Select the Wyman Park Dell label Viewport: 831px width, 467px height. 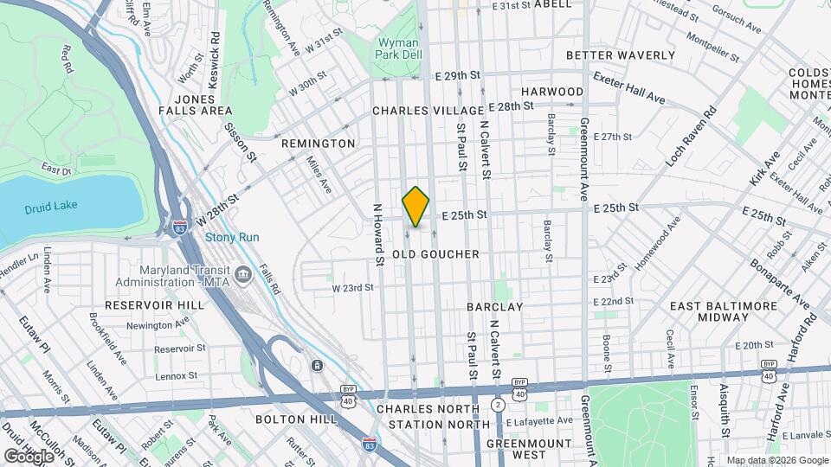coord(399,49)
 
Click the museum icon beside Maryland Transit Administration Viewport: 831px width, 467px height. coord(244,274)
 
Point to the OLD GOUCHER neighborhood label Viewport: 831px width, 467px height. coord(435,254)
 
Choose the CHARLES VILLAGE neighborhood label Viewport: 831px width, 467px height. coord(428,111)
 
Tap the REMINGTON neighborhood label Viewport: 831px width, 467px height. coord(317,144)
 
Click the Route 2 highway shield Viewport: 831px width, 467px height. coord(498,405)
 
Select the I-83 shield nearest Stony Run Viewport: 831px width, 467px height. coord(179,227)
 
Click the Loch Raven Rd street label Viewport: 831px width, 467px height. coord(689,137)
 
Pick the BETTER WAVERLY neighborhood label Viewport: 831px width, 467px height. coord(620,55)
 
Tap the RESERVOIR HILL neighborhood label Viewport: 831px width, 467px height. coord(155,305)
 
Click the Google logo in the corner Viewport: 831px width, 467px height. coord(28,456)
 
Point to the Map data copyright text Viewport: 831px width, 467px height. coord(776,460)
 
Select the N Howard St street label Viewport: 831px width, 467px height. coord(377,234)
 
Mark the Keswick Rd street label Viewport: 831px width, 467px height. coord(215,54)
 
